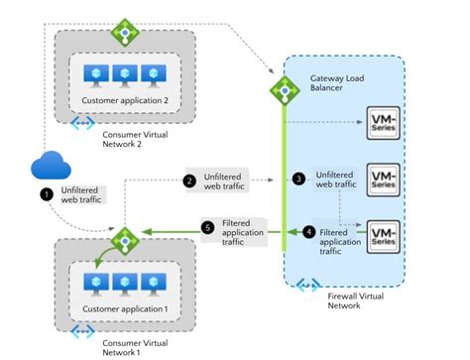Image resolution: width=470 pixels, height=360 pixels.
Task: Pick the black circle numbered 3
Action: click(x=298, y=179)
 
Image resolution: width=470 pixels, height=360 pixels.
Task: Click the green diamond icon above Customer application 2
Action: click(x=123, y=33)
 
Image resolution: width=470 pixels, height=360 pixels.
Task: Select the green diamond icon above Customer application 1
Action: click(x=126, y=240)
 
